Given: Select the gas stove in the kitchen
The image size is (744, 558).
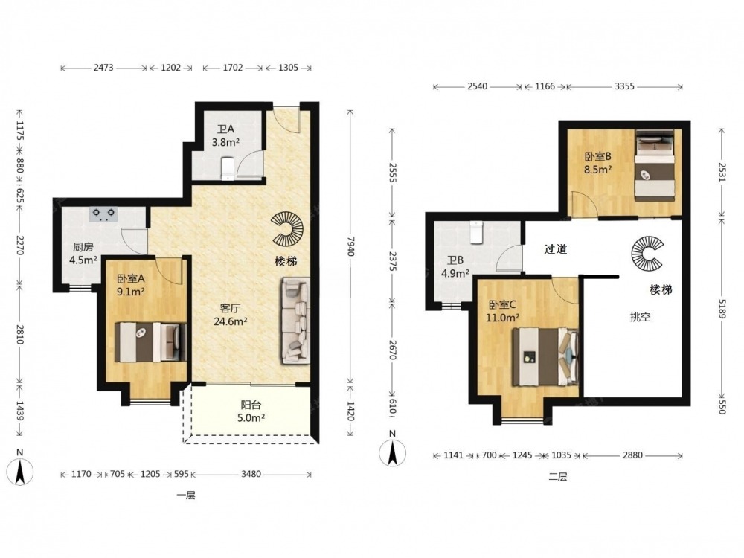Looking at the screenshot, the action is click(104, 214).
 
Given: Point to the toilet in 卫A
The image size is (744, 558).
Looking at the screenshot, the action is click(228, 169).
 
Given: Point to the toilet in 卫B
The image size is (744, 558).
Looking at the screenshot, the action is click(476, 232).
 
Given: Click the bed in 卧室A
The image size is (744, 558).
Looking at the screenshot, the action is click(150, 342).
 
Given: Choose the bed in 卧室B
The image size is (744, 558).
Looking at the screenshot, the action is click(655, 166).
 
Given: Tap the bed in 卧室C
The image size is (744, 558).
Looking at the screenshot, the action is click(545, 356).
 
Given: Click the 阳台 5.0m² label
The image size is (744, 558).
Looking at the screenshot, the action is click(251, 411).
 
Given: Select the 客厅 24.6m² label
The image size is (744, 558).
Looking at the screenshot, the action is click(230, 315).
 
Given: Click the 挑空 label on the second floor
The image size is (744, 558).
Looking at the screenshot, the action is click(640, 318).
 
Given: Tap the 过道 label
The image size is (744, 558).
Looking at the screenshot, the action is click(556, 248).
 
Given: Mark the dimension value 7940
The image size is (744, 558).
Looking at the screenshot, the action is click(350, 246).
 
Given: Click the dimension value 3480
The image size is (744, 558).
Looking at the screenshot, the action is click(251, 473).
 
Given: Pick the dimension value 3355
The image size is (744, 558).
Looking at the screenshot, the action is click(624, 86).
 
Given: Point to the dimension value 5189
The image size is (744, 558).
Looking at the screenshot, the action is click(722, 310).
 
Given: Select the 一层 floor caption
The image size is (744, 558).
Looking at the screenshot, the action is click(186, 496).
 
